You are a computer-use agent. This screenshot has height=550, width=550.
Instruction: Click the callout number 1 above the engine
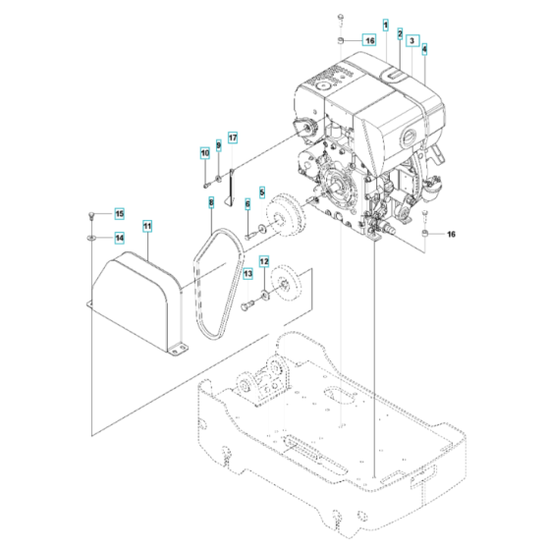(x=386, y=24)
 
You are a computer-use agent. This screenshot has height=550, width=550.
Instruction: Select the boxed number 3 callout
(x=412, y=40)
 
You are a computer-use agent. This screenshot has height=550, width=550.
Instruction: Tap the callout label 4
(x=424, y=48)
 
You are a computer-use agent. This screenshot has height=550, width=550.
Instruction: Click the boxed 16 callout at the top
(x=368, y=40)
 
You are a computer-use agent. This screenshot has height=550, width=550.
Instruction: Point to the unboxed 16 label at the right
(x=452, y=236)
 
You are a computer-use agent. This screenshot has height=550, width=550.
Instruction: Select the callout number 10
(x=205, y=153)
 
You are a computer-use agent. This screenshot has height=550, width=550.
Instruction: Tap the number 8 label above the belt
(x=210, y=202)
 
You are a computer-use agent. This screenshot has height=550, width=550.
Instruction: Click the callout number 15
(x=119, y=213)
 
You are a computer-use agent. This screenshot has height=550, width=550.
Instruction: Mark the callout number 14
(x=119, y=237)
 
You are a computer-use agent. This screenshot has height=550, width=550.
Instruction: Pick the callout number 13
(x=247, y=276)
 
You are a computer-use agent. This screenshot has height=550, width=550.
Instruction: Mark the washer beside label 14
(x=90, y=237)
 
